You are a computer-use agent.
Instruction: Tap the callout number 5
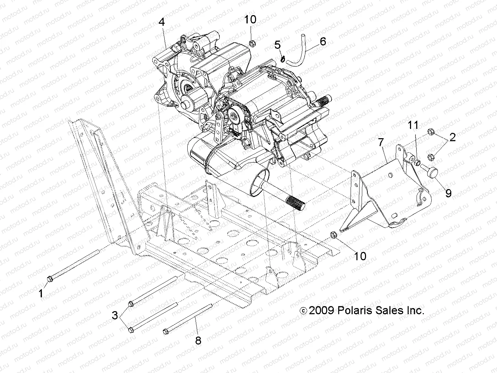pyautogui.click(x=278, y=44)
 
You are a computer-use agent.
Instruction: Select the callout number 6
pyautogui.click(x=322, y=42)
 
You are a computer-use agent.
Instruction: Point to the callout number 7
pyautogui.click(x=380, y=142)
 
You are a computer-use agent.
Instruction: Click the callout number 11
pyautogui.click(x=413, y=125)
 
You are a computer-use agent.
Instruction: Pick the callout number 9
pyautogui.click(x=448, y=193)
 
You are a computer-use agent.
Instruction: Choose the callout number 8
pyautogui.click(x=198, y=341)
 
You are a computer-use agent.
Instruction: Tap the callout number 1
pyautogui.click(x=41, y=294)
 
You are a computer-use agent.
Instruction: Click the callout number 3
pyautogui.click(x=115, y=315)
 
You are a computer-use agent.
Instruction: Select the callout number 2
pyautogui.click(x=452, y=138)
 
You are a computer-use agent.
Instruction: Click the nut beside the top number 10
pyautogui.click(x=251, y=43)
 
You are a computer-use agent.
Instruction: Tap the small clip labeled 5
pyautogui.click(x=283, y=58)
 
